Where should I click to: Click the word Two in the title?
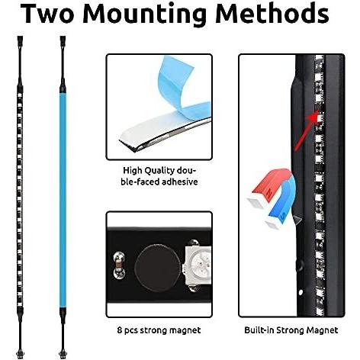(x=47, y=14)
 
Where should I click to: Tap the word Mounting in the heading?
(x=144, y=15)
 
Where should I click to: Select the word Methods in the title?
(x=272, y=14)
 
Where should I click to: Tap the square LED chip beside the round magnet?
(x=198, y=266)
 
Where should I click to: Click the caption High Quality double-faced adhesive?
(x=159, y=176)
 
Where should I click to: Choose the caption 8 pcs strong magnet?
(x=159, y=330)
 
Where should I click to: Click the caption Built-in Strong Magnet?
(x=291, y=330)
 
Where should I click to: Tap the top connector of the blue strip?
(x=63, y=40)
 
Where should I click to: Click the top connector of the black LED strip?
(x=20, y=40)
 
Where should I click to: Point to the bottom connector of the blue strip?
(x=63, y=354)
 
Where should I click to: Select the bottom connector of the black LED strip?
(x=20, y=354)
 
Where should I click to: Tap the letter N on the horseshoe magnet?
(x=269, y=192)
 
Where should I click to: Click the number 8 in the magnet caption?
(x=120, y=330)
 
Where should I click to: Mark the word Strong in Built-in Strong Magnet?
(x=291, y=330)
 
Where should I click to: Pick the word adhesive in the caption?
(x=180, y=182)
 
